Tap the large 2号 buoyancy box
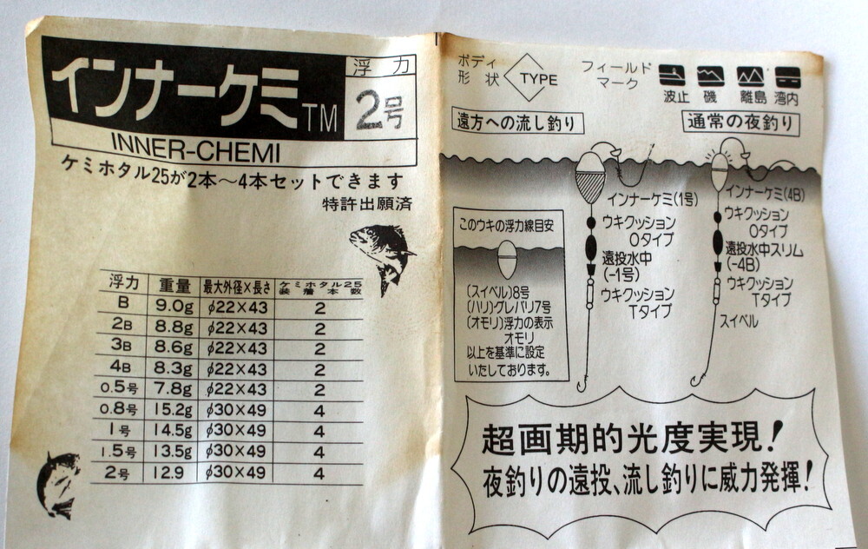(379, 109)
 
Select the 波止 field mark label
(676, 97)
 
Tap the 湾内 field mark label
(786, 98)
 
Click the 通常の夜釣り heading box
(740, 122)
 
